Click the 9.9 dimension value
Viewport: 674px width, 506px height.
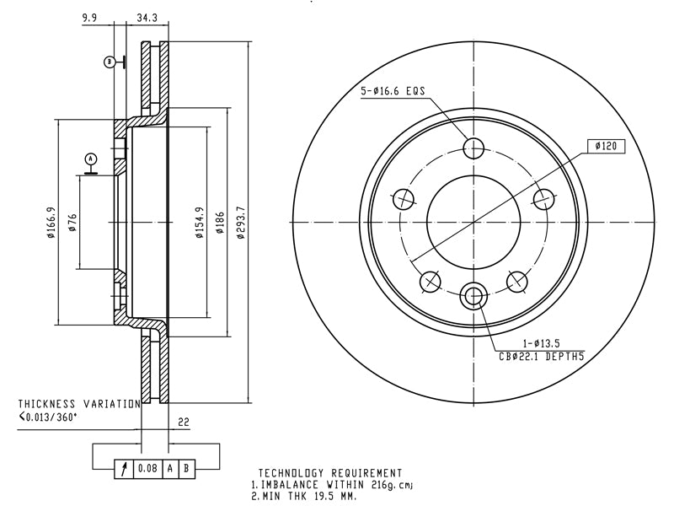[89, 18]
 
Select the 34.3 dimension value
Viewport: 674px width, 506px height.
[147, 18]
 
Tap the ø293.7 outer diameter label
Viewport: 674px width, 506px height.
[241, 222]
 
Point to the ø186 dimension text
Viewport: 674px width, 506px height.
[220, 222]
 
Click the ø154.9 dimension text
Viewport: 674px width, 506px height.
[200, 222]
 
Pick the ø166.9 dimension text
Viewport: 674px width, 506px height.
[51, 222]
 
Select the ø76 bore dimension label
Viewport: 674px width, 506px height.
[72, 222]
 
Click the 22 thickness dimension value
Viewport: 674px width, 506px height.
[184, 422]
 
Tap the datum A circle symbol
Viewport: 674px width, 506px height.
[91, 159]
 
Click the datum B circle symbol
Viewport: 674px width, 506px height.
[110, 62]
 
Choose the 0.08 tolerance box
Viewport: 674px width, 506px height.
[148, 468]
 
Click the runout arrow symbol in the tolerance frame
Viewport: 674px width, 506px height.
[124, 469]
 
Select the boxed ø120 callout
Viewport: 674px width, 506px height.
[606, 146]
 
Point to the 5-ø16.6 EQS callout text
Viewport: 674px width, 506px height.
[393, 91]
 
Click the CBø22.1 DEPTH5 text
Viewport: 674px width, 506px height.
[542, 356]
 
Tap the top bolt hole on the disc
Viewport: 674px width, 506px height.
[473, 148]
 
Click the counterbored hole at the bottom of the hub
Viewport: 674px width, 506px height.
[473, 296]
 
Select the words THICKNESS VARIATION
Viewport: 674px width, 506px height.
[79, 404]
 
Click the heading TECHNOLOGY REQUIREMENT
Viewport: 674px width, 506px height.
[330, 474]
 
